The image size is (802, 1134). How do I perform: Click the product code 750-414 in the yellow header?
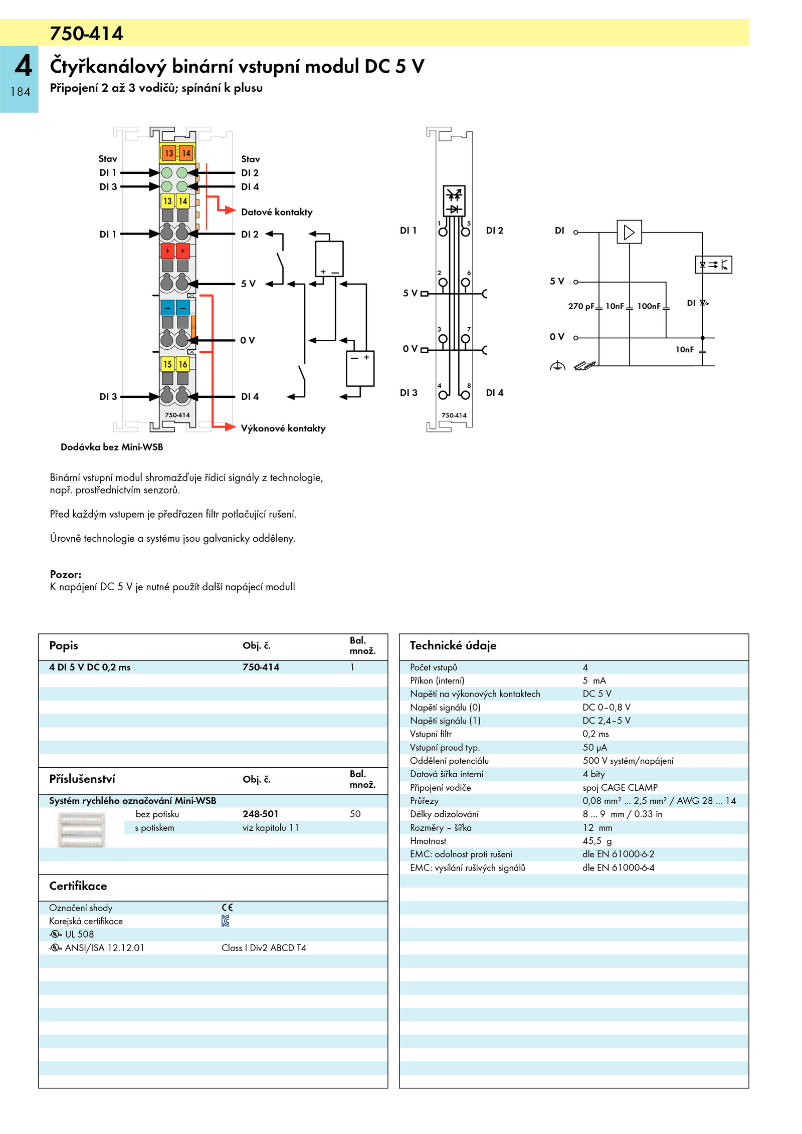(86, 34)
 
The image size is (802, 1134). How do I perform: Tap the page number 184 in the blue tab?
(20, 92)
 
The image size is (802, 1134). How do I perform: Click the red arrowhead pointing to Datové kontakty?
(230, 210)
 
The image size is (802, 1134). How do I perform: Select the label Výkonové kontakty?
(283, 428)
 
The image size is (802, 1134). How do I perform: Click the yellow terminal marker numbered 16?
(183, 364)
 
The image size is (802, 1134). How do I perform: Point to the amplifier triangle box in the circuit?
(629, 232)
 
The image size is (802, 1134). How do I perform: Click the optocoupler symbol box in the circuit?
(713, 265)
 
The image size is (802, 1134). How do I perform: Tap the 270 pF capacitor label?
(581, 306)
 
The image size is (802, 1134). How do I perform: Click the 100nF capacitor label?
(649, 306)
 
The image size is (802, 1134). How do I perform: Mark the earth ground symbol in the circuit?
(557, 366)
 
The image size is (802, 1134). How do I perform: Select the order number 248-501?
(260, 814)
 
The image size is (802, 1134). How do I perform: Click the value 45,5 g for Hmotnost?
(596, 841)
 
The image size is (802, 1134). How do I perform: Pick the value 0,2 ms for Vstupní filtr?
(595, 734)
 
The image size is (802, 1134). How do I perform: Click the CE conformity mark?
(227, 908)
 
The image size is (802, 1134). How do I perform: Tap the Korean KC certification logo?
(226, 921)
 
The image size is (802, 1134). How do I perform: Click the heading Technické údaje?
(453, 645)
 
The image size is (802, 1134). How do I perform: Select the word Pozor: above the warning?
(66, 574)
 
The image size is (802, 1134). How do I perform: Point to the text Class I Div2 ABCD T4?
(264, 948)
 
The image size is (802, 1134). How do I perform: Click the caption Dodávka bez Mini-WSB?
(112, 447)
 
